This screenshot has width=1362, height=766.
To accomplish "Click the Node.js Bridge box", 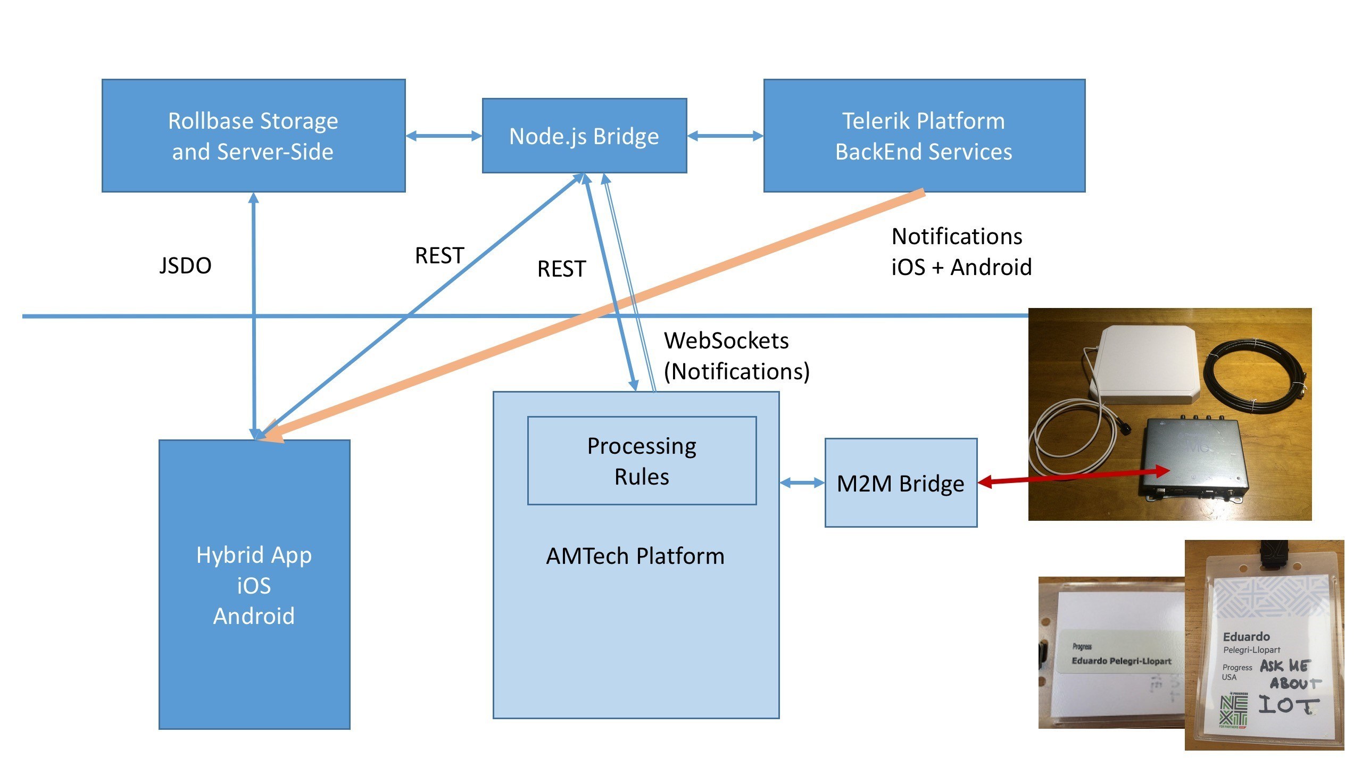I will click(x=584, y=136).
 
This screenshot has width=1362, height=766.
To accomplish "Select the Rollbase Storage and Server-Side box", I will click(x=253, y=136).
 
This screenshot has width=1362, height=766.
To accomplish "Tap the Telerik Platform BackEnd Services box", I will click(x=924, y=136).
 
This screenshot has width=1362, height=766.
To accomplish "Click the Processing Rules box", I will click(x=642, y=461).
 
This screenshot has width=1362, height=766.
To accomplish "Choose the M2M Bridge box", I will click(x=901, y=483).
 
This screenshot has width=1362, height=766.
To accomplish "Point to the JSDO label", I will click(x=185, y=265).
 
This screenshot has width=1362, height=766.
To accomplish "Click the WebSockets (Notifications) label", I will click(x=736, y=356).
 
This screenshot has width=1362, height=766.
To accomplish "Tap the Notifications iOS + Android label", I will click(x=961, y=252).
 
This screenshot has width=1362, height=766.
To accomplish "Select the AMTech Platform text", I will click(x=635, y=556).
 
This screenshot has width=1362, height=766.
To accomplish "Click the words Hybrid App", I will click(x=254, y=555).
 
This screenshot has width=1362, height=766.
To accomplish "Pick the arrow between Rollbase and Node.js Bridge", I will click(x=444, y=136).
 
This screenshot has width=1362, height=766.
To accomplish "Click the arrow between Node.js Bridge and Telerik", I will click(x=725, y=136).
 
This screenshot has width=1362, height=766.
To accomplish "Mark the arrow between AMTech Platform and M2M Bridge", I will click(x=802, y=483).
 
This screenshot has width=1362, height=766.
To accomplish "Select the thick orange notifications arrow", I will click(x=585, y=319).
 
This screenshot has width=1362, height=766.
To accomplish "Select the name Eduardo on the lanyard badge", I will click(x=1246, y=636).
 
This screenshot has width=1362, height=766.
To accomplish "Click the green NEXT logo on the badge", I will click(x=1233, y=710).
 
